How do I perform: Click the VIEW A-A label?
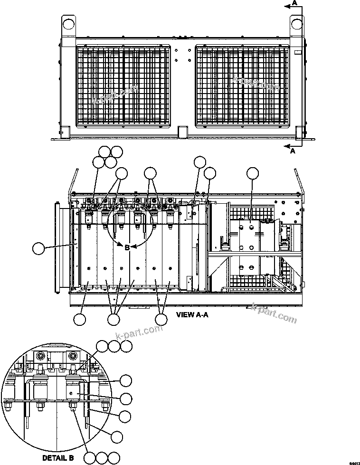(x=192, y=314)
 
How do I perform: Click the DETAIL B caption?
(x=58, y=458)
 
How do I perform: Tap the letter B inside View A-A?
(x=127, y=247)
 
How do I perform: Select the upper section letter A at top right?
(x=295, y=3)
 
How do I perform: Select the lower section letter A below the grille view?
(x=293, y=151)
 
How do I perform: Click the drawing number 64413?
(x=354, y=462)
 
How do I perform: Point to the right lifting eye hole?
(x=297, y=23)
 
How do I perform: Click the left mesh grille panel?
(x=123, y=86)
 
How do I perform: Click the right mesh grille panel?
(x=242, y=86)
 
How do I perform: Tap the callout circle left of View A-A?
(x=39, y=247)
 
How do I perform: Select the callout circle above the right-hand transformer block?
(x=253, y=174)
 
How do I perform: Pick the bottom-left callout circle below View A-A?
(x=80, y=320)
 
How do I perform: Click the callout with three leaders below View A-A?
(x=114, y=320)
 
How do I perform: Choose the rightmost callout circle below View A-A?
(x=161, y=320)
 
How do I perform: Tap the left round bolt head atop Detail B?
(x=41, y=356)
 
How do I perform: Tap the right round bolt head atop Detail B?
(x=73, y=356)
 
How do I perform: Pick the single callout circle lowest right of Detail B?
(x=117, y=436)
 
